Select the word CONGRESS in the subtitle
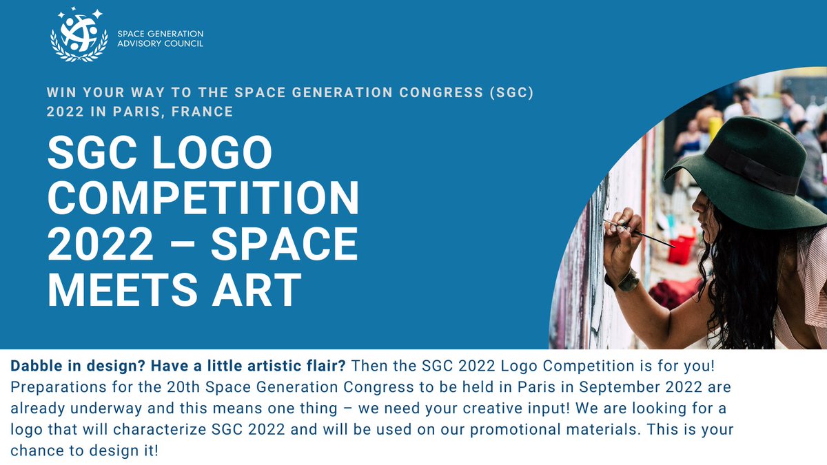[x=441, y=92]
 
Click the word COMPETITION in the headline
[x=203, y=198]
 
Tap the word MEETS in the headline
[x=123, y=290]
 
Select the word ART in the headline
[x=256, y=290]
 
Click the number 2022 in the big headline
[x=100, y=244]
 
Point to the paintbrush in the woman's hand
[x=640, y=234]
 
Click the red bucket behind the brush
[x=682, y=250]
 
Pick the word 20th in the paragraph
[x=183, y=387]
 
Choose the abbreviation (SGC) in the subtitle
[x=511, y=92]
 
